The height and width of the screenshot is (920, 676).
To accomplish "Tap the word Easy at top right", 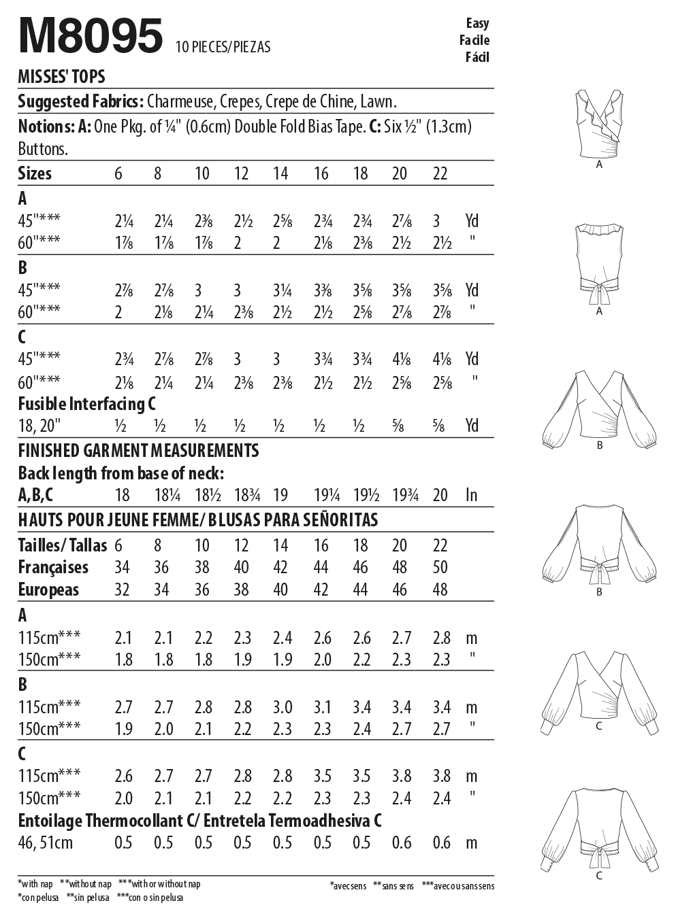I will click(x=477, y=23).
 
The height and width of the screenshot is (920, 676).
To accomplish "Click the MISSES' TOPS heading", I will click(x=61, y=77).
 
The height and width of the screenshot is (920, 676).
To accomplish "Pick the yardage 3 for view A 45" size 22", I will click(x=436, y=221).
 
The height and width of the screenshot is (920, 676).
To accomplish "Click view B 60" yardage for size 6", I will click(x=118, y=312).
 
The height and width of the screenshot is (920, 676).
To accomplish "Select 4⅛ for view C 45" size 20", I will click(x=401, y=359).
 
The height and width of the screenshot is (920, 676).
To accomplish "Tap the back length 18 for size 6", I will click(x=122, y=495).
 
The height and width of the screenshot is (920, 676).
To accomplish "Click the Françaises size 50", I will click(x=440, y=567).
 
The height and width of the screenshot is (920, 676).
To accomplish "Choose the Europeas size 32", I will click(x=122, y=590).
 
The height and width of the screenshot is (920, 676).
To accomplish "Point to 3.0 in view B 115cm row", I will click(x=282, y=707).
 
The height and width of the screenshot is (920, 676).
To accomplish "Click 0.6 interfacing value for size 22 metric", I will click(x=441, y=843).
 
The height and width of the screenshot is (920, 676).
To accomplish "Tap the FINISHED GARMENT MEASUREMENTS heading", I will click(x=138, y=450).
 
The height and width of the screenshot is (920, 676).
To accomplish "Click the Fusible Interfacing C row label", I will click(x=86, y=404).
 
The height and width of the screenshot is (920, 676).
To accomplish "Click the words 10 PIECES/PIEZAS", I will click(x=223, y=47).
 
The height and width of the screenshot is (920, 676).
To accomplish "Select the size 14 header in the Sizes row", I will click(x=280, y=173).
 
